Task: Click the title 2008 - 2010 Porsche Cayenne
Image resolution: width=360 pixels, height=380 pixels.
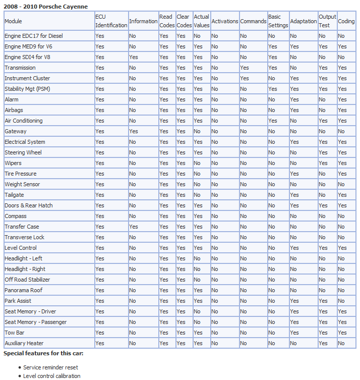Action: point(46,7)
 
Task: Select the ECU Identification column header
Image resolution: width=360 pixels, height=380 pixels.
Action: point(111,21)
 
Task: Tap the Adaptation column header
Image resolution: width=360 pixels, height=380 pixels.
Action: point(303,21)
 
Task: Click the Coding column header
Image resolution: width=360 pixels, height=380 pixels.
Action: point(346,21)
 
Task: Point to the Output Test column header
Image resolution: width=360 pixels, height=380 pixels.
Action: point(327,21)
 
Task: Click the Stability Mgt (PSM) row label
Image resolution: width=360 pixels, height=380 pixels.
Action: point(27,89)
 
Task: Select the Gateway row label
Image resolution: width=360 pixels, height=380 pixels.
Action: point(16,131)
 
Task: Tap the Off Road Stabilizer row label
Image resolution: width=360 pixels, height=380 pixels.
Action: point(27,280)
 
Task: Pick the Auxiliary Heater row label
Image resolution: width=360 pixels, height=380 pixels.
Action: point(24,343)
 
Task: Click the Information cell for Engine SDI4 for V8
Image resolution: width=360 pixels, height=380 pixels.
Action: point(134,57)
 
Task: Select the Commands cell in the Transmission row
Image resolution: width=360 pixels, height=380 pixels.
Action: point(245,68)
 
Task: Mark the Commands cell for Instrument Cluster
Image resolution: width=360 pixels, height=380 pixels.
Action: point(245,78)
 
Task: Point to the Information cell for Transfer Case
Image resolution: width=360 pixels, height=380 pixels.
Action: point(134,227)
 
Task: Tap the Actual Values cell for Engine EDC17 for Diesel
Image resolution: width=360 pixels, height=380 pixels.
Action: point(197,36)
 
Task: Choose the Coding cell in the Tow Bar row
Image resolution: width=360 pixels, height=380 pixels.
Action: point(342,333)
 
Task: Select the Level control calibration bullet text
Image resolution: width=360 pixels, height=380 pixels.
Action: point(52,376)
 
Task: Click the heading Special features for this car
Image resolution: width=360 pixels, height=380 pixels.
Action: point(43,353)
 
